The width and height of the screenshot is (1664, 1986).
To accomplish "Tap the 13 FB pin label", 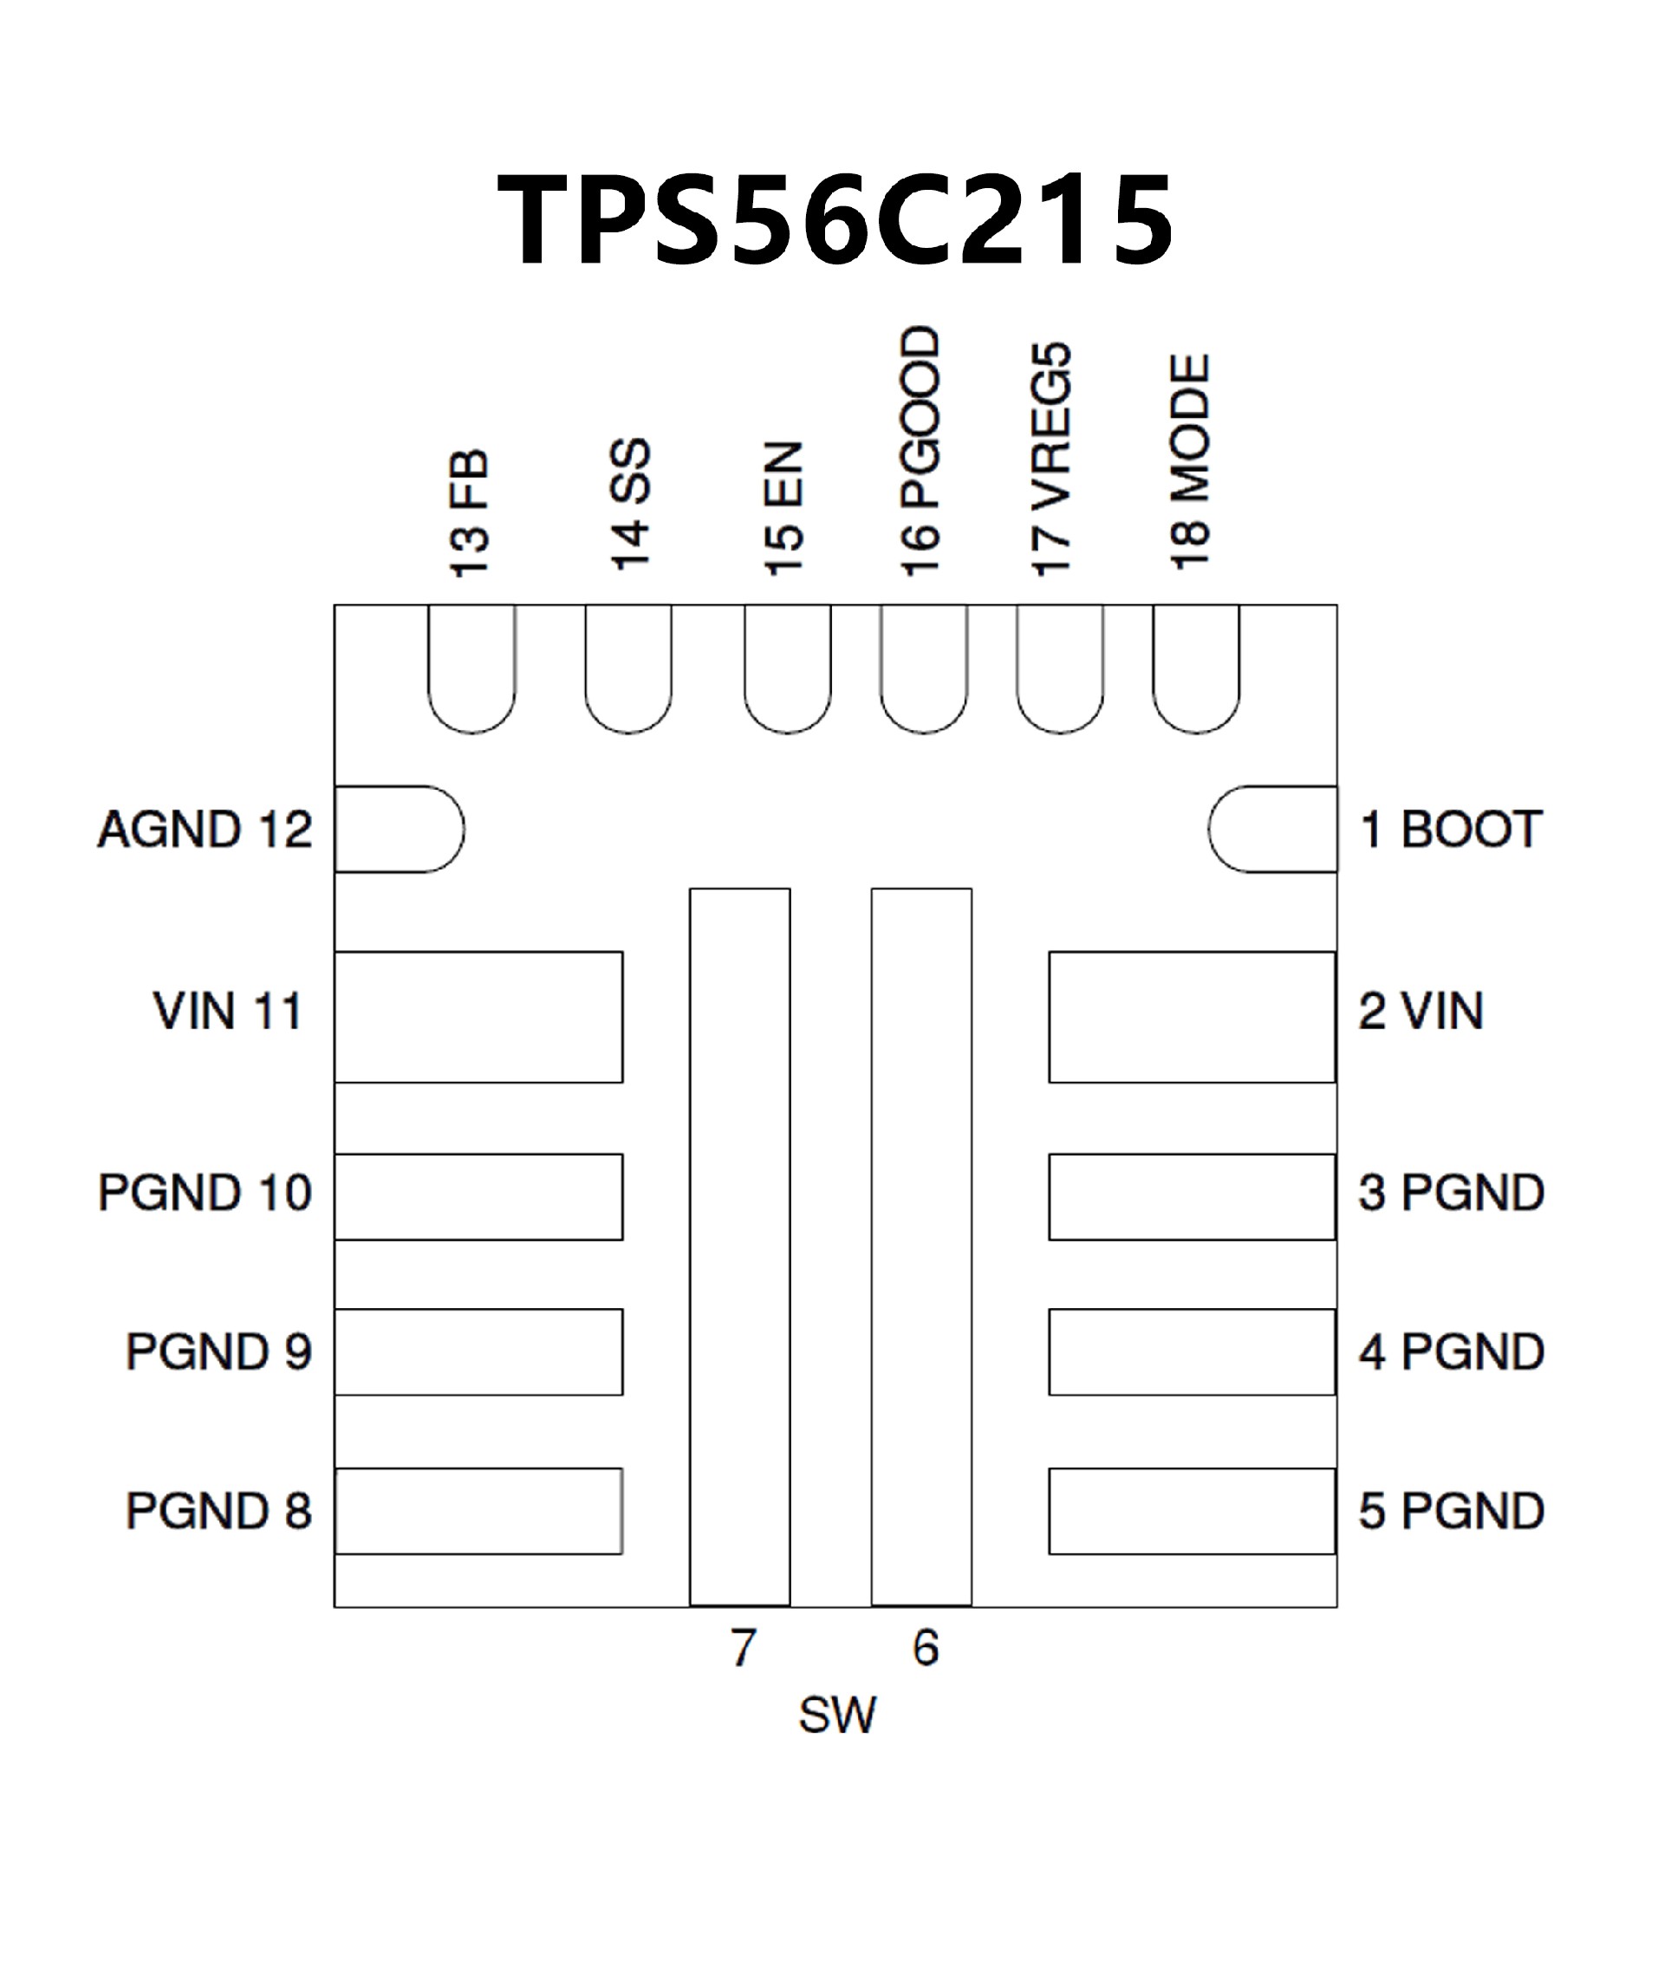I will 470,512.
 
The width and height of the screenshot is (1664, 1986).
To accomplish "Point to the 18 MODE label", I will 1190,462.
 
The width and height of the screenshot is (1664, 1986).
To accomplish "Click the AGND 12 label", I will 205,830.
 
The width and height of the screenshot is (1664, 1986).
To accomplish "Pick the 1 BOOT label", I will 1450,830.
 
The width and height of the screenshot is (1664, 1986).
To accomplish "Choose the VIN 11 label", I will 228,1011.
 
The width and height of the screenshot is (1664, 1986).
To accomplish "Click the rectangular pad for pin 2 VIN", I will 1193,1017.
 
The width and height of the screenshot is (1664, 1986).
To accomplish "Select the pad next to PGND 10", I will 478,1196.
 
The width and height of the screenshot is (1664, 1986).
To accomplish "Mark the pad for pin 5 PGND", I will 1193,1510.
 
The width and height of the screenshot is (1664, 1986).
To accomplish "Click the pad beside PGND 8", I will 478,1510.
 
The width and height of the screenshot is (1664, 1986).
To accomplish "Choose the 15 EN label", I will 783,509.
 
